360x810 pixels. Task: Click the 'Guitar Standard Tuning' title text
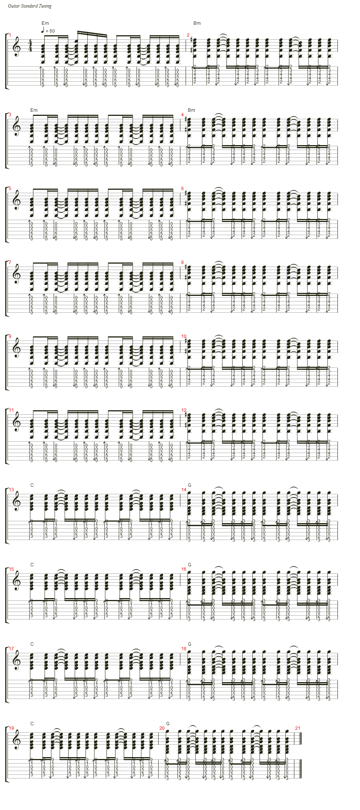tap(30, 6)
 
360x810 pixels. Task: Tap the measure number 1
tap(10, 36)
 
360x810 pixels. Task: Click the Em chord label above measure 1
tap(45, 23)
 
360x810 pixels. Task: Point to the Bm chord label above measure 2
tap(197, 23)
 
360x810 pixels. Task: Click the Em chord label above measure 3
tap(34, 110)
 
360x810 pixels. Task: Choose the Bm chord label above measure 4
tap(191, 110)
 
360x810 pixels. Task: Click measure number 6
tap(183, 189)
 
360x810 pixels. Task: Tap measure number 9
tap(10, 336)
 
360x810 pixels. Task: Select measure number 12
tap(184, 410)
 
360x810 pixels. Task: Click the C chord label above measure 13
tap(32, 485)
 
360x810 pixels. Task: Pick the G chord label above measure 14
tap(189, 485)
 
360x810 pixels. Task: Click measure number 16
tap(184, 569)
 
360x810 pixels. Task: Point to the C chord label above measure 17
tap(32, 644)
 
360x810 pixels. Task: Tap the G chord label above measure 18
tap(189, 644)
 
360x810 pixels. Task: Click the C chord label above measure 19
tap(32, 724)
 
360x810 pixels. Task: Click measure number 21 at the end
tap(298, 728)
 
